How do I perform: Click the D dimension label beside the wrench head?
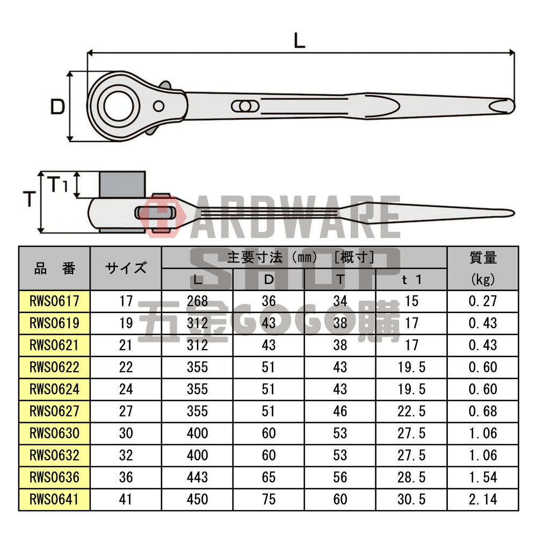(57, 107)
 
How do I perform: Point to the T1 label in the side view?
(58, 185)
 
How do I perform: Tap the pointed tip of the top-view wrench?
(510, 106)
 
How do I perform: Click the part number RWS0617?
(54, 301)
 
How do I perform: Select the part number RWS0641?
(54, 499)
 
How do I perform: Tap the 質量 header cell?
(483, 258)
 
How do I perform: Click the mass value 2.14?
(483, 499)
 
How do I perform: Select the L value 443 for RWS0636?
(197, 477)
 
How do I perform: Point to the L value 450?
(197, 499)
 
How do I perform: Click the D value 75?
(268, 499)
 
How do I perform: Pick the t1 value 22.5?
(411, 411)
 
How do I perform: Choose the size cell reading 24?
(126, 389)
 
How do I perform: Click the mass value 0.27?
(483, 301)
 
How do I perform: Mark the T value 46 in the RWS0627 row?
(340, 411)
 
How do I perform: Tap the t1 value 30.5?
(411, 499)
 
